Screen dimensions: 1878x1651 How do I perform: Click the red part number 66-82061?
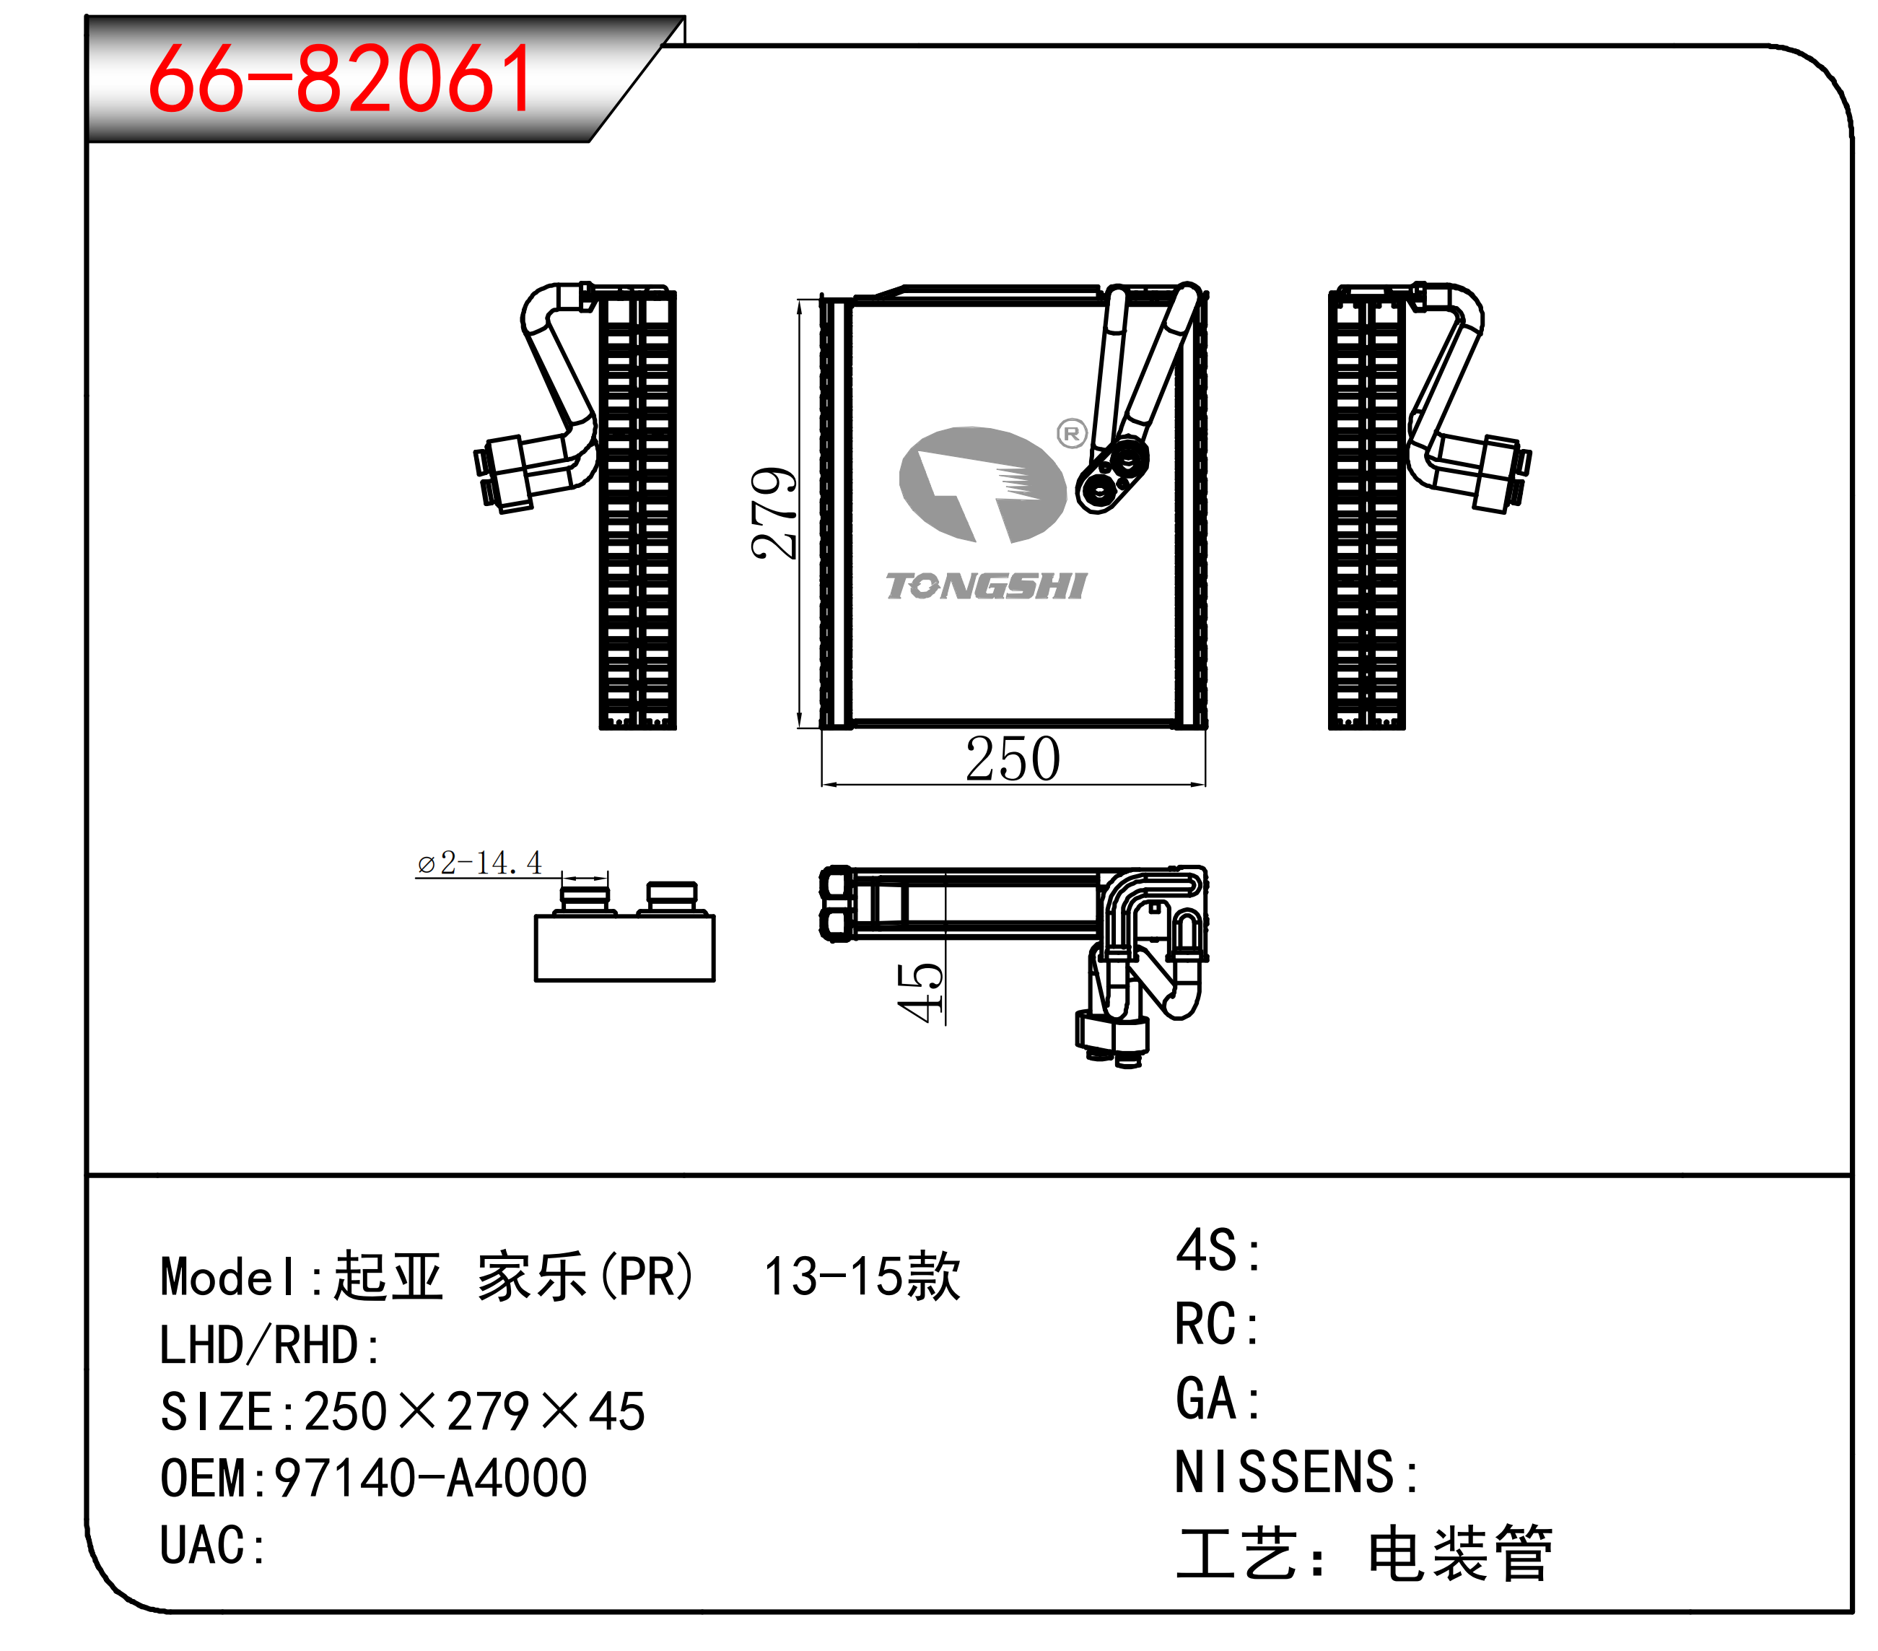340,80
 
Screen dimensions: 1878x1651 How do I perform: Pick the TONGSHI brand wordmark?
986,586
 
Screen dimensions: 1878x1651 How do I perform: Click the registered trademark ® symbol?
1071,432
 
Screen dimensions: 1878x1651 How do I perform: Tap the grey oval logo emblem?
982,484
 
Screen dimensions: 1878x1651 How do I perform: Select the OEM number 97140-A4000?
431,1478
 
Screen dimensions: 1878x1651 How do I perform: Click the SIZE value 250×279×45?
474,1411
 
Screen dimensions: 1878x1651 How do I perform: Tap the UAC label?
212,1546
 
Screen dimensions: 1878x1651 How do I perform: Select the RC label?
1218,1324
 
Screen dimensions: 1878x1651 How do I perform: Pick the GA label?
1218,1398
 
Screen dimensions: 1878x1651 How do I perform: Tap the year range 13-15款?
862,1276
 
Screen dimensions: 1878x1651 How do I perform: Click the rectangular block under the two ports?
625,947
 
